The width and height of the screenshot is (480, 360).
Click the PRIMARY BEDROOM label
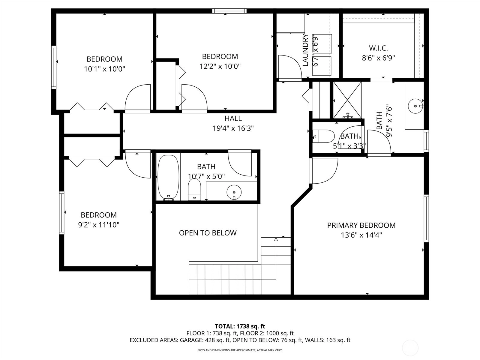click(361, 225)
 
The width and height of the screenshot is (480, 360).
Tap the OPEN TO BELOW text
click(208, 233)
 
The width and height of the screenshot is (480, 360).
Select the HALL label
click(233, 118)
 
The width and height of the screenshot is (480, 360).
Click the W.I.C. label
click(378, 48)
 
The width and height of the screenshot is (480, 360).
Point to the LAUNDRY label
click(305, 50)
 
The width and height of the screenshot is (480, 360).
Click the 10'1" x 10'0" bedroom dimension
click(104, 69)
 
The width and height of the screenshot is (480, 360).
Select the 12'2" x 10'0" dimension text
click(220, 66)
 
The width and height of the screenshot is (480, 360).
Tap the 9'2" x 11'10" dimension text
click(99, 225)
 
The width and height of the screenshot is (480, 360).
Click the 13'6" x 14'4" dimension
click(361, 235)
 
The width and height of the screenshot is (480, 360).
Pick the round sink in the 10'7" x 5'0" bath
click(234, 192)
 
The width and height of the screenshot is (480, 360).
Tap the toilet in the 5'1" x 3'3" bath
click(323, 136)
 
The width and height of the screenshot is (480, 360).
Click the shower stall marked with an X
click(347, 100)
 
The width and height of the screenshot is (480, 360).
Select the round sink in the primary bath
click(415, 106)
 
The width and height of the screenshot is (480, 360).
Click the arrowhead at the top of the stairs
click(276, 239)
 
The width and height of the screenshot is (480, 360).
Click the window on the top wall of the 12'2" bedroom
click(229, 11)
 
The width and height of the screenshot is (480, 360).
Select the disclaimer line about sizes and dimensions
click(240, 350)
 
